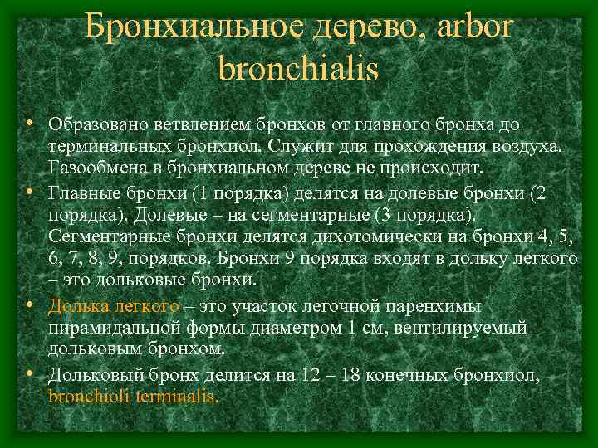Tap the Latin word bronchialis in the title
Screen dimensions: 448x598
pyautogui.click(x=298, y=68)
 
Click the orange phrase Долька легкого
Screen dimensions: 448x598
pyautogui.click(x=114, y=306)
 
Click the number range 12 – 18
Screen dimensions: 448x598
pyautogui.click(x=330, y=375)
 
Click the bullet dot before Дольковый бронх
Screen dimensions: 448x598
pyautogui.click(x=30, y=373)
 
